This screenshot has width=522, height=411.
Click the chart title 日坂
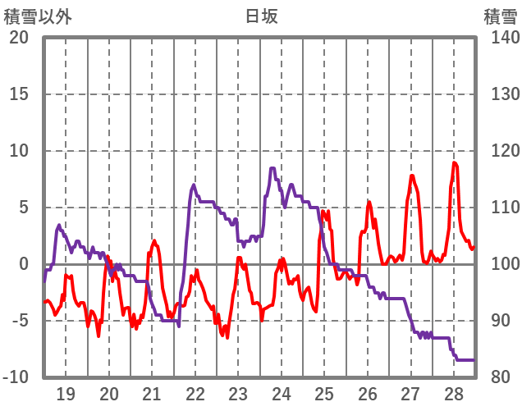pos(261,16)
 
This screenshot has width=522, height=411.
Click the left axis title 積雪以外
pos(38,16)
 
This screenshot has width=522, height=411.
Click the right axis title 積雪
pos(500,16)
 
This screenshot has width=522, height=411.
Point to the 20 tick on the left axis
pos(19,38)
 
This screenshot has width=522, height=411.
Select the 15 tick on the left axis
pos(19,94)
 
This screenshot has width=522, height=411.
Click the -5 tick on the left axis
pos(19,321)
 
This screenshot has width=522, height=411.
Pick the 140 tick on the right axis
pos(500,38)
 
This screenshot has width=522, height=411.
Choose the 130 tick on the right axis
pos(500,94)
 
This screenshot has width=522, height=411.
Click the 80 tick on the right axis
pos(497,377)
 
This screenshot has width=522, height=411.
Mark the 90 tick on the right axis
pos(497,321)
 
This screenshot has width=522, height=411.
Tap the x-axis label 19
pos(66,393)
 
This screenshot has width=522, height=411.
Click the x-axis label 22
pos(195,393)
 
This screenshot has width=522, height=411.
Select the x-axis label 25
pos(325,393)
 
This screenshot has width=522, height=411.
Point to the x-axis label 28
pos(454,393)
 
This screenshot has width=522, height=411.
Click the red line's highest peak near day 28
pos(455,162)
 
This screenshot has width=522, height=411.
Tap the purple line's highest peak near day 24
pos(272,168)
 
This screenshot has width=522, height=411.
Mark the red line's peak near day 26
pos(369,202)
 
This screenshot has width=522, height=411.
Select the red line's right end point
pos(474,247)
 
